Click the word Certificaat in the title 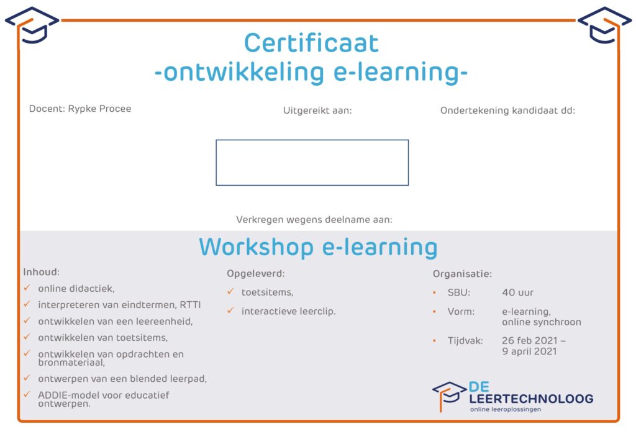pyautogui.click(x=311, y=43)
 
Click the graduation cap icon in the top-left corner pyautogui.click(x=32, y=25)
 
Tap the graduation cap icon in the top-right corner pyautogui.click(x=604, y=25)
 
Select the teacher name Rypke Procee pyautogui.click(x=99, y=109)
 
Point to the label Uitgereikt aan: pyautogui.click(x=317, y=111)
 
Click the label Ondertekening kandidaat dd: pyautogui.click(x=507, y=111)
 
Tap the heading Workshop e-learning pyautogui.click(x=318, y=247)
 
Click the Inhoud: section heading pyautogui.click(x=42, y=272)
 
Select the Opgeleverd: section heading pyautogui.click(x=255, y=274)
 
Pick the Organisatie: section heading pyautogui.click(x=462, y=274)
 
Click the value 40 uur pyautogui.click(x=517, y=292)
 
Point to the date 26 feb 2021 pyautogui.click(x=529, y=340)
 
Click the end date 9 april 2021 pyautogui.click(x=529, y=351)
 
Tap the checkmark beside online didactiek pyautogui.click(x=27, y=287)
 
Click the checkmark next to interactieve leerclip pyautogui.click(x=231, y=310)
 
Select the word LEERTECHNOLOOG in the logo pyautogui.click(x=531, y=399)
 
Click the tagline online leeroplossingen pyautogui.click(x=506, y=409)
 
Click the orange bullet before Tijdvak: pyautogui.click(x=434, y=341)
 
